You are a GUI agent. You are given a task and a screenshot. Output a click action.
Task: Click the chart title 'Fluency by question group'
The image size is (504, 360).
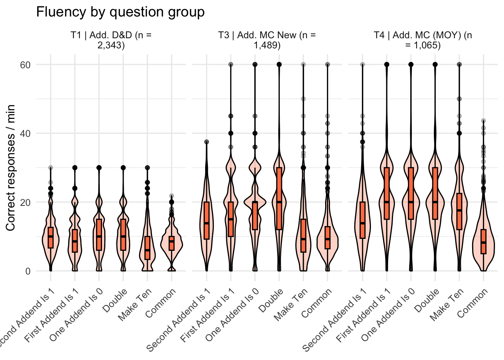pyautogui.click(x=120, y=12)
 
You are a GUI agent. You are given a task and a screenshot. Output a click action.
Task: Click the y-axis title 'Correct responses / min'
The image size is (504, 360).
pyautogui.click(x=10, y=168)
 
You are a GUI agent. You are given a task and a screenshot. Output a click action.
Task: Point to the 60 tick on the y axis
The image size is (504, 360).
pyautogui.click(x=25, y=65)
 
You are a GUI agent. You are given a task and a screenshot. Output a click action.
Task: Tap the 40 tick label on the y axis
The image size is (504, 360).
pyautogui.click(x=25, y=133)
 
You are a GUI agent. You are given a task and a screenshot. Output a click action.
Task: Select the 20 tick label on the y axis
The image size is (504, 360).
pyautogui.click(x=25, y=202)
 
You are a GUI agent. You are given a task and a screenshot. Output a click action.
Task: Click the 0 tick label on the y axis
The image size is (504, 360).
pyautogui.click(x=28, y=271)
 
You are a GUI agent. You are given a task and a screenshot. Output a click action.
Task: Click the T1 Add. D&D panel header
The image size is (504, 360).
pyautogui.click(x=111, y=40)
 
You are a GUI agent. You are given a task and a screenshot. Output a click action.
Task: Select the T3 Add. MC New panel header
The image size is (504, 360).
pyautogui.click(x=267, y=40)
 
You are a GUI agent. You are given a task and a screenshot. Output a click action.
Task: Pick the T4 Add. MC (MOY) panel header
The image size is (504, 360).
pyautogui.click(x=423, y=40)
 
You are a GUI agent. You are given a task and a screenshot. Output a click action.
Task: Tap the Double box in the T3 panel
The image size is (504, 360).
pyautogui.click(x=279, y=198)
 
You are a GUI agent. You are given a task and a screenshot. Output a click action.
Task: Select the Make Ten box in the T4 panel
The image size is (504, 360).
pyautogui.click(x=459, y=211)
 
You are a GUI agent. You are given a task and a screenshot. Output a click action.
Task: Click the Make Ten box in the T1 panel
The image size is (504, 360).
pyautogui.click(x=147, y=248)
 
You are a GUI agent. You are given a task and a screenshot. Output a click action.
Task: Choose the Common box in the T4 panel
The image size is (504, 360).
pyautogui.click(x=483, y=241)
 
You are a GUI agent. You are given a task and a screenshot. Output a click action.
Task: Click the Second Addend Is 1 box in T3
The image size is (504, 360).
pyautogui.click(x=206, y=220)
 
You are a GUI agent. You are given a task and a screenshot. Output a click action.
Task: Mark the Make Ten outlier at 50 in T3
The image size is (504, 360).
pyautogui.click(x=303, y=99)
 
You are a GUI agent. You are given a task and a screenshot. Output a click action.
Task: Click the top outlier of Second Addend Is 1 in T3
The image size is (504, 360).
pyautogui.click(x=206, y=142)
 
